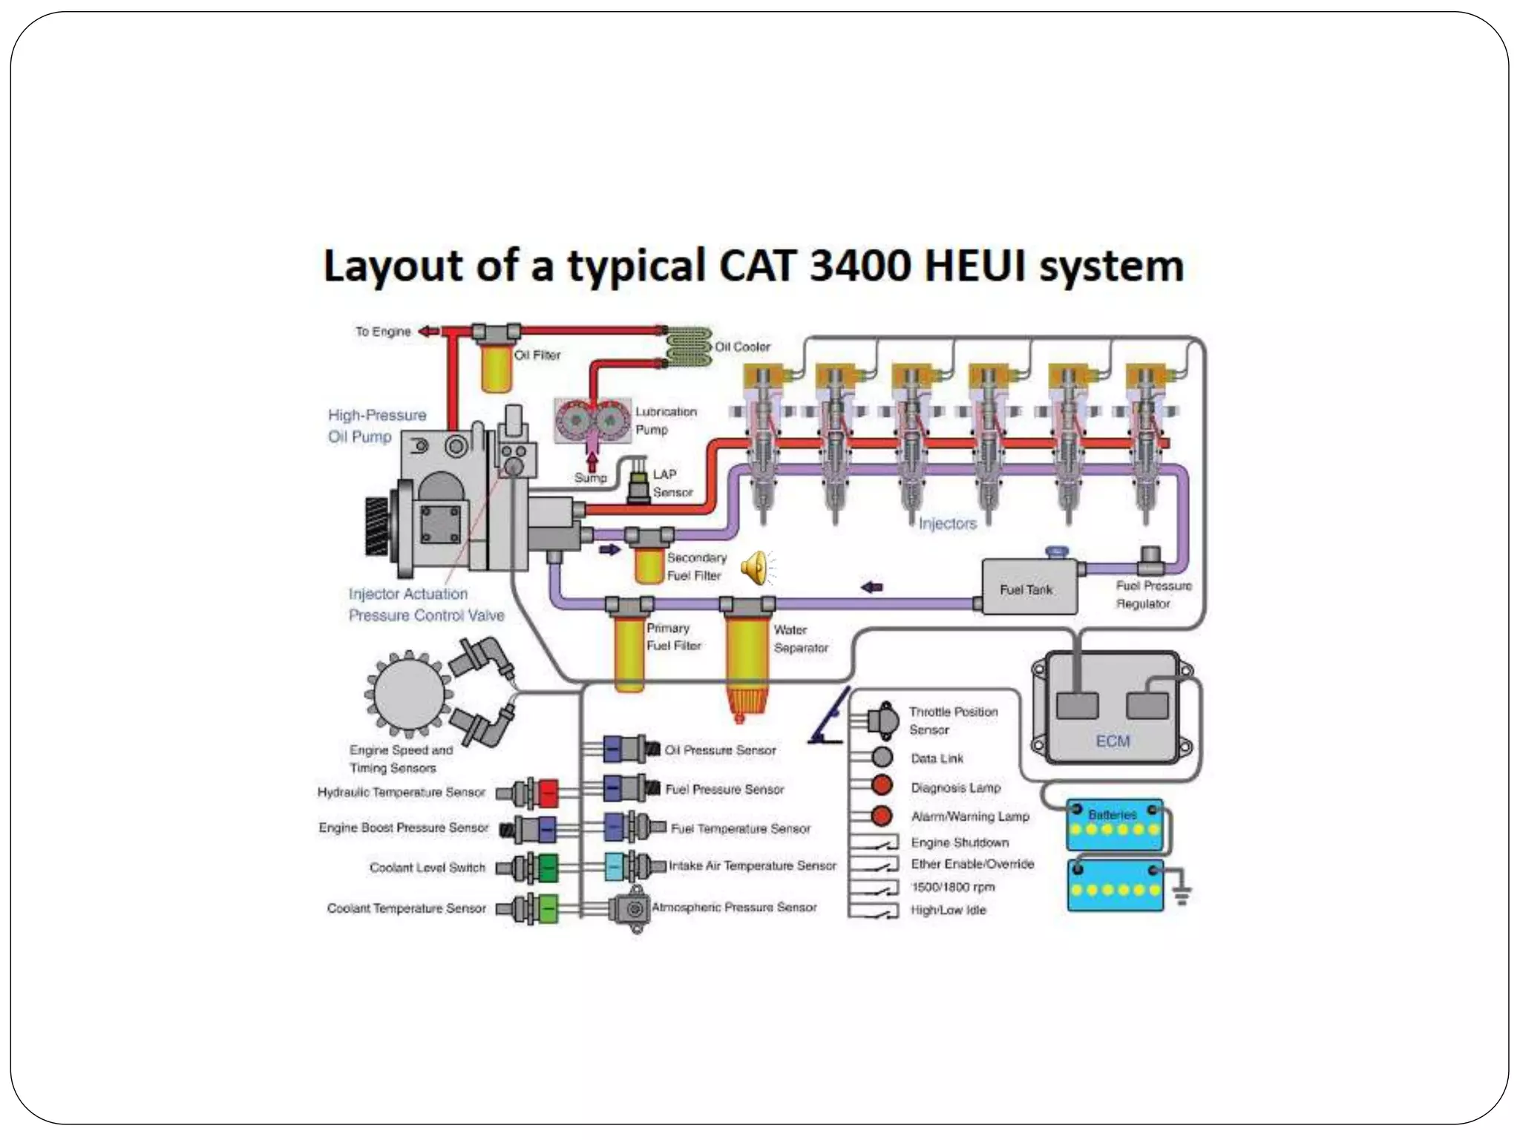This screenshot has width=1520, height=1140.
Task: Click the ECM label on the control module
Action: point(1112,741)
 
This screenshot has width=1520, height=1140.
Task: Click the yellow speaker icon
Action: point(755,568)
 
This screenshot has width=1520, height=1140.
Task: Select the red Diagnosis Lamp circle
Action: point(882,785)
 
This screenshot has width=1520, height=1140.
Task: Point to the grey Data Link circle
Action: point(882,757)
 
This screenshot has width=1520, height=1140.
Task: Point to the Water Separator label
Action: point(800,638)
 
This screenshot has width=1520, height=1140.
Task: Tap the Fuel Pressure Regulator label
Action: point(1153,594)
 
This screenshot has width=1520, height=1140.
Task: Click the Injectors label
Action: point(947,523)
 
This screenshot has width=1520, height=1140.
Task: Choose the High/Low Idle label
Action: point(948,910)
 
